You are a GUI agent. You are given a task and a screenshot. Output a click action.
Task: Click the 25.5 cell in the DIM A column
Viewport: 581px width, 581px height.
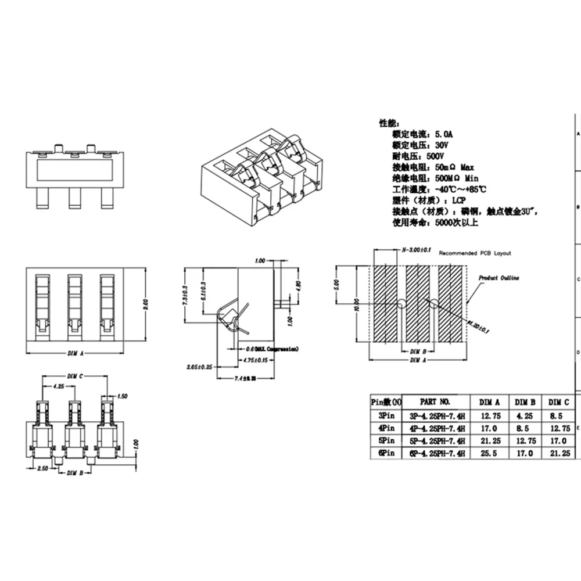(x=489, y=453)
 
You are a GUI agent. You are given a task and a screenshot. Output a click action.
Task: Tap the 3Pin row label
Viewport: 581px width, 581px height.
(x=385, y=415)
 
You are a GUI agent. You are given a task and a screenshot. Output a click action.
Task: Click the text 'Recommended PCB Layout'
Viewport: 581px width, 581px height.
(x=475, y=253)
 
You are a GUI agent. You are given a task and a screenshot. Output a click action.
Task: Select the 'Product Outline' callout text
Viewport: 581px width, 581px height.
(x=498, y=278)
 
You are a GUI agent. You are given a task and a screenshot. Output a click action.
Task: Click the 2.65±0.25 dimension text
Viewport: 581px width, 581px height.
(x=199, y=367)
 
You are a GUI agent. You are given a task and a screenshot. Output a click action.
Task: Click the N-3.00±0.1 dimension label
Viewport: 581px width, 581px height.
(x=416, y=250)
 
